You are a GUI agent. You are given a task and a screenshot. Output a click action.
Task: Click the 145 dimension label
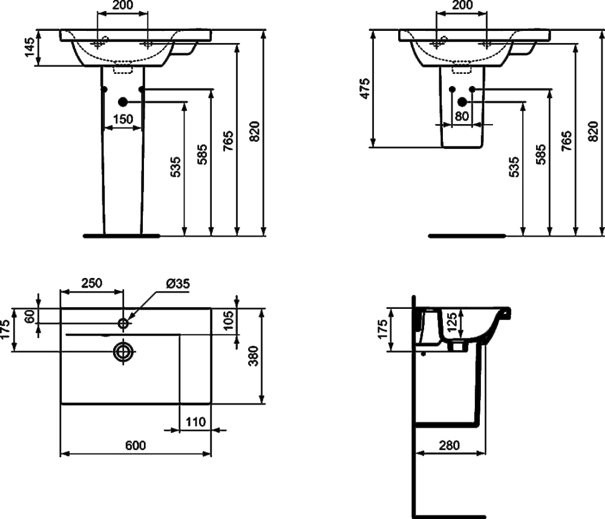[30, 47]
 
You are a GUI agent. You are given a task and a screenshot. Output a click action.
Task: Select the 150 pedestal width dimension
[123, 119]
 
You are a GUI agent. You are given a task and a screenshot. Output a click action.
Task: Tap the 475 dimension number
[365, 88]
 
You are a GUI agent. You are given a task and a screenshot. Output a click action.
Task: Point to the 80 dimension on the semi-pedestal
[462, 116]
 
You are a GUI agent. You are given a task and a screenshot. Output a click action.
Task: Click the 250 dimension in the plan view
[92, 283]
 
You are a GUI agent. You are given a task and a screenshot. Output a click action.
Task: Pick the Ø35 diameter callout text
[178, 283]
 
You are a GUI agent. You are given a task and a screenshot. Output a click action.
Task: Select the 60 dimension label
[30, 317]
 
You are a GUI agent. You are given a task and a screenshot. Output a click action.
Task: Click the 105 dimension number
[229, 320]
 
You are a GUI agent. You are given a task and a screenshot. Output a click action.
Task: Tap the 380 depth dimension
[253, 356]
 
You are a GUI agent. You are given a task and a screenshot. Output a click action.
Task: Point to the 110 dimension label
[195, 421]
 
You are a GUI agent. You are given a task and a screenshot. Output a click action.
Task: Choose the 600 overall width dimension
[136, 445]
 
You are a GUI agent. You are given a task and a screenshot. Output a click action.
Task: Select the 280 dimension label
[450, 445]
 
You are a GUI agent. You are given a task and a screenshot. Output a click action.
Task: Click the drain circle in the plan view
[123, 351]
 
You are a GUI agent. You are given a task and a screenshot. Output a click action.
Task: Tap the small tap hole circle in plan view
[123, 323]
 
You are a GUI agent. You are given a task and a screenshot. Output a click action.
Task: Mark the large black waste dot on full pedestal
[123, 102]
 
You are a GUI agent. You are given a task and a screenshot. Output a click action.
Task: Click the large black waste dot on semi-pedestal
[462, 102]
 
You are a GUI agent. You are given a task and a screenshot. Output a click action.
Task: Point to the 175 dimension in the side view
[382, 329]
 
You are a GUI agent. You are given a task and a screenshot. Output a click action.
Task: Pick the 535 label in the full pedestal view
[175, 167]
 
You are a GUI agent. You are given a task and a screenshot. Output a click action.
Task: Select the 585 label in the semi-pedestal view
[541, 154]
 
